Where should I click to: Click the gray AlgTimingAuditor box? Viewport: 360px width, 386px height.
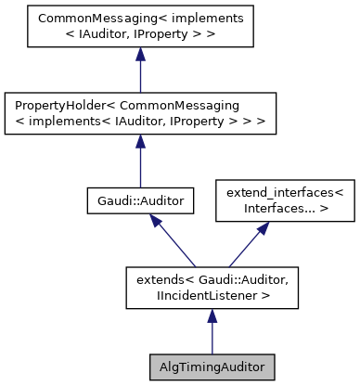click(212, 367)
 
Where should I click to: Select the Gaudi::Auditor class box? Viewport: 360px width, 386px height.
click(139, 199)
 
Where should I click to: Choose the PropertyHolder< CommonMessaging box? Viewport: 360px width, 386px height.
click(139, 113)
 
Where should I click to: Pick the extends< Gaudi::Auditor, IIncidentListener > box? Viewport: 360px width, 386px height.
click(212, 287)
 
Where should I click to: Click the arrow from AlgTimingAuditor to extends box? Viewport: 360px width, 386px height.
click(212, 332)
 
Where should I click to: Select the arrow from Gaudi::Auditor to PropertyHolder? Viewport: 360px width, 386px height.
click(139, 162)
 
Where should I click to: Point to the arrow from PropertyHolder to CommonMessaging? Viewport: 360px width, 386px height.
click(139, 74)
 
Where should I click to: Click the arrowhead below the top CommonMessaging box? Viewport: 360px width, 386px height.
click(139, 58)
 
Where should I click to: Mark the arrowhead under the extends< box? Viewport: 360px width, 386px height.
click(212, 316)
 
